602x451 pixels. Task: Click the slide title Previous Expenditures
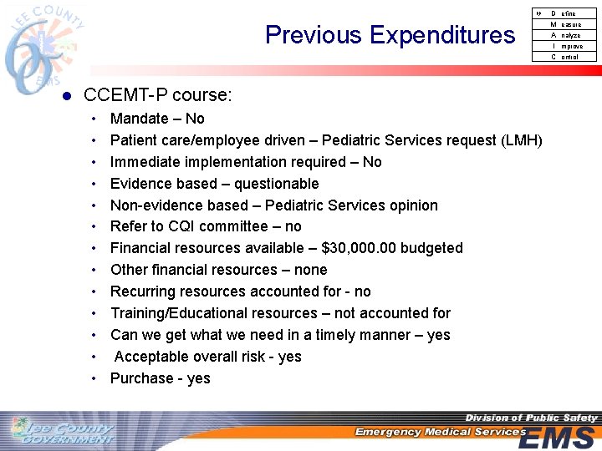click(390, 35)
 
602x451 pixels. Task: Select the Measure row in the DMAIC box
click(565, 24)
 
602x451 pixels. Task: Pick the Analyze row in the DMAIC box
click(565, 35)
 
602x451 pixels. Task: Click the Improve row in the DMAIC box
click(565, 46)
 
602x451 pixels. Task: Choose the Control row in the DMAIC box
click(565, 57)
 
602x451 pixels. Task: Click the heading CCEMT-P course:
click(158, 95)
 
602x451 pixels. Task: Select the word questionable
click(276, 184)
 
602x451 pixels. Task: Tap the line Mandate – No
click(157, 119)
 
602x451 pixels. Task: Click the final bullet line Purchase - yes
click(161, 378)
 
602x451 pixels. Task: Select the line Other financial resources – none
click(218, 270)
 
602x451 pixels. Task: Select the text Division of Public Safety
click(531, 418)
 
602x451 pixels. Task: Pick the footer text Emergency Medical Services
click(440, 432)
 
